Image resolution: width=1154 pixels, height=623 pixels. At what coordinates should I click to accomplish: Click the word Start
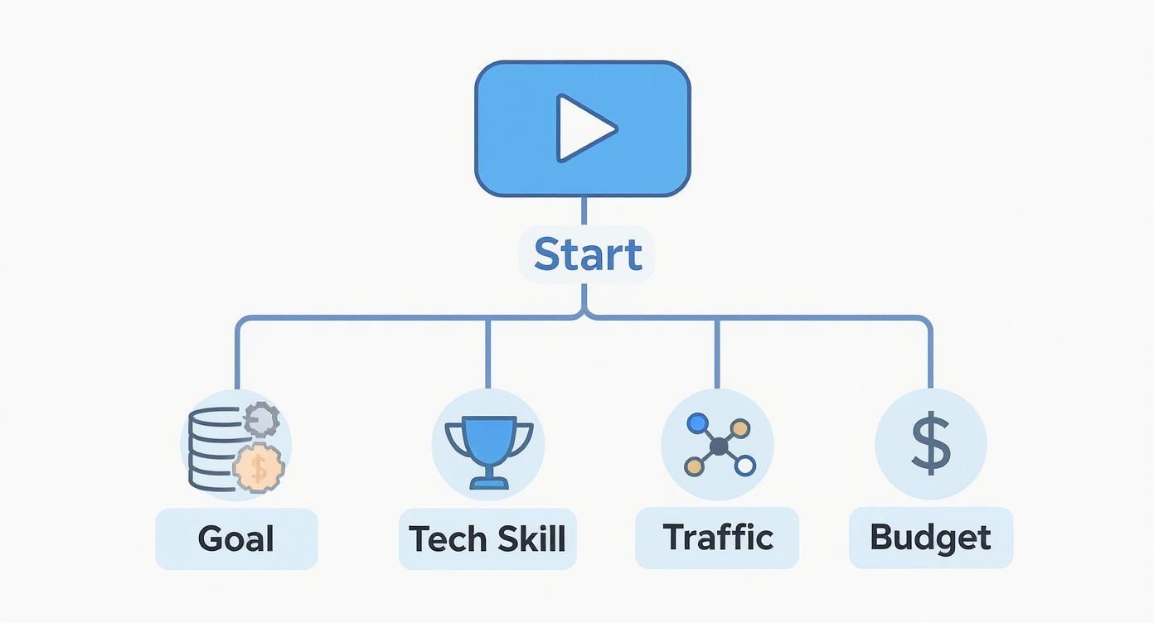tap(587, 254)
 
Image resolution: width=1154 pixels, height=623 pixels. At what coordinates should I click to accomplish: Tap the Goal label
tap(236, 538)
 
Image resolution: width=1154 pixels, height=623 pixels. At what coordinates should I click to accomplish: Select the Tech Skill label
tap(487, 538)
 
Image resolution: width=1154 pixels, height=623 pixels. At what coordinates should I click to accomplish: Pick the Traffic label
tap(718, 537)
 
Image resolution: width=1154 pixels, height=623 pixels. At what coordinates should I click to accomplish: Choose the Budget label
tap(930, 537)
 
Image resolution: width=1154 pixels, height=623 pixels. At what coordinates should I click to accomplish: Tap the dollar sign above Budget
tap(930, 444)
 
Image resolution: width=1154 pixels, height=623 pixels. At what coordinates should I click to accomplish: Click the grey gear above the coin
tap(261, 419)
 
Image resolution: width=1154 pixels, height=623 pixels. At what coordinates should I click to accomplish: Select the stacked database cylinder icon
tap(212, 447)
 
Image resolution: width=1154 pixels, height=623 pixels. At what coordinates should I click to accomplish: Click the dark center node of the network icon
tap(719, 447)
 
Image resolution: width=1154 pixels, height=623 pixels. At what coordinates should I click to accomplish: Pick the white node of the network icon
tap(744, 466)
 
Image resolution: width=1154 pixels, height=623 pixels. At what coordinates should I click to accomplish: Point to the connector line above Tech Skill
tap(487, 352)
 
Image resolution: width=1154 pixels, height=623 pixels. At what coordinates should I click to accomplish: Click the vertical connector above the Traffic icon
tap(717, 352)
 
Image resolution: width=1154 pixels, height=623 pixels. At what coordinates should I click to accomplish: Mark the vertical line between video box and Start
tap(584, 212)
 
